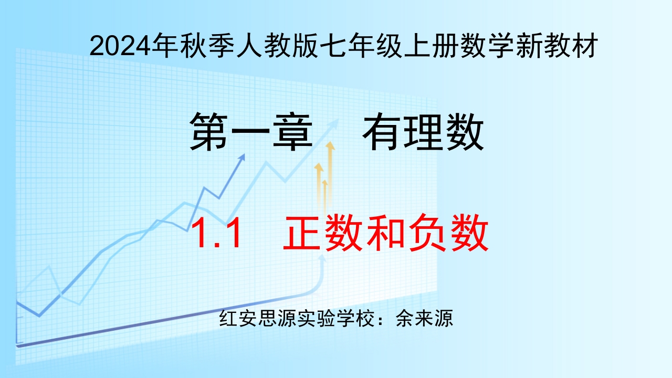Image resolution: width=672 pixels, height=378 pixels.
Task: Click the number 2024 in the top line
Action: point(120,46)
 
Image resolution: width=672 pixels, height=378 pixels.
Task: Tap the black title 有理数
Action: point(423,131)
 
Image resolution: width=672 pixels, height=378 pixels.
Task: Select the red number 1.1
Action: point(217,233)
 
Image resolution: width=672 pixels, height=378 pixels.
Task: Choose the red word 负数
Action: point(448,233)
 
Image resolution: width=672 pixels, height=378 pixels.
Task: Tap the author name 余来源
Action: point(424,318)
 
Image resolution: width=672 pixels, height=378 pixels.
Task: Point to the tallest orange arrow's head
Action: point(330,145)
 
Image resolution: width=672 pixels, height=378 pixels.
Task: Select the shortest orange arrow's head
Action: point(324,182)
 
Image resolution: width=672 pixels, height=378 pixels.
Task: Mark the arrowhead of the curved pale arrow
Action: point(323,258)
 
